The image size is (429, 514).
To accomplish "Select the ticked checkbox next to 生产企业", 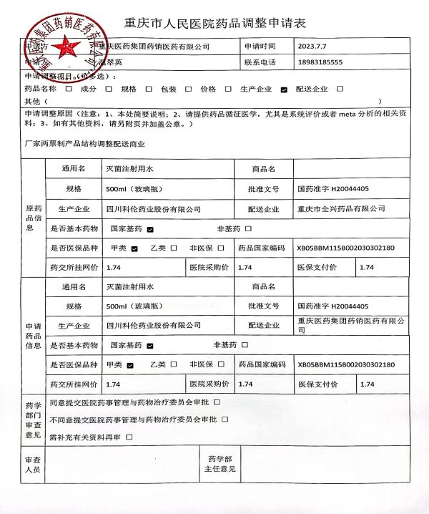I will [285, 89].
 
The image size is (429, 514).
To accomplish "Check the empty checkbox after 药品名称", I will [68, 89].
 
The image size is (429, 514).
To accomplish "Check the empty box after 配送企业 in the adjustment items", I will [340, 89].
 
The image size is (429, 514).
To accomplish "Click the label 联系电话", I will [260, 62].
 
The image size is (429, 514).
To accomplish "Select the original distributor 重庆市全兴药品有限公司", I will [341, 209].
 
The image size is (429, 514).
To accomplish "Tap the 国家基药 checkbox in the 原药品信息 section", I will [151, 230].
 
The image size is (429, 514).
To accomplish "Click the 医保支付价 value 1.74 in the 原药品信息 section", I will [367, 267].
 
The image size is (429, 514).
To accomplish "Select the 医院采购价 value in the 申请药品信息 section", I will [245, 384].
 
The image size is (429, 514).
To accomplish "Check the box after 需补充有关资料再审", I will [129, 436].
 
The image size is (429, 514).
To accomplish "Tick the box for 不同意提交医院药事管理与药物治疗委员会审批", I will [227, 419].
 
